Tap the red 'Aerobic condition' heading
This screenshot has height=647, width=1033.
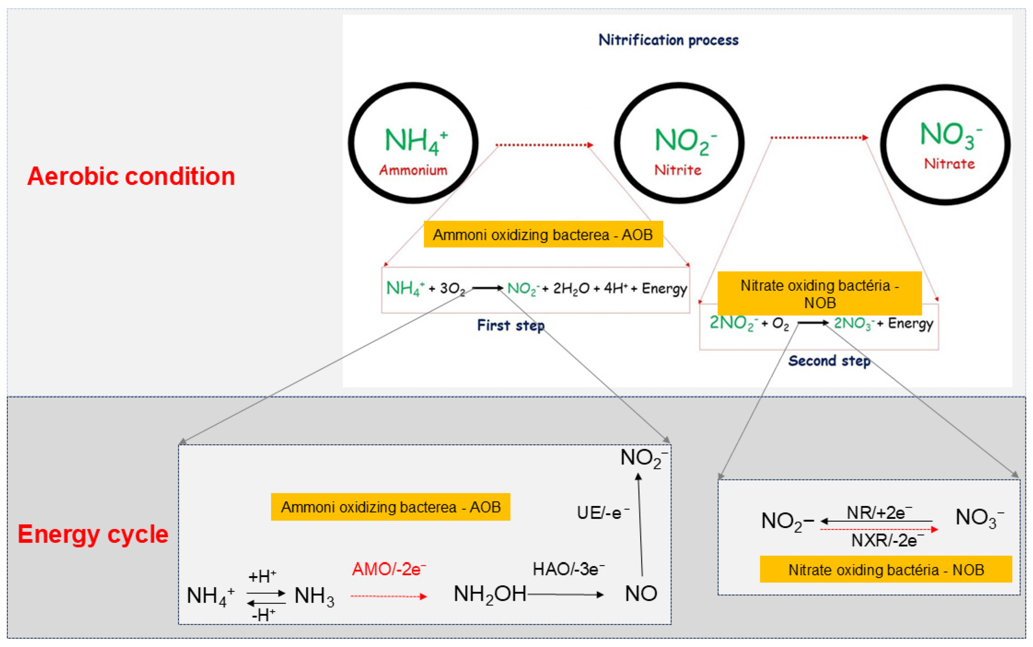(131, 176)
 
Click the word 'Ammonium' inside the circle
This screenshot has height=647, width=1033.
(413, 170)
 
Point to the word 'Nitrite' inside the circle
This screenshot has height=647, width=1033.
(678, 170)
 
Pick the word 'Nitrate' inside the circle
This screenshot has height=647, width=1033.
(949, 164)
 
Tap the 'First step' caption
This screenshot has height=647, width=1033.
(511, 326)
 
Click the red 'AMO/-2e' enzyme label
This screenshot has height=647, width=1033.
(389, 569)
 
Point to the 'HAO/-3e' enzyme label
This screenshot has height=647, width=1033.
(568, 569)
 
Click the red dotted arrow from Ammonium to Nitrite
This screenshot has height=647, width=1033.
(544, 145)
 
